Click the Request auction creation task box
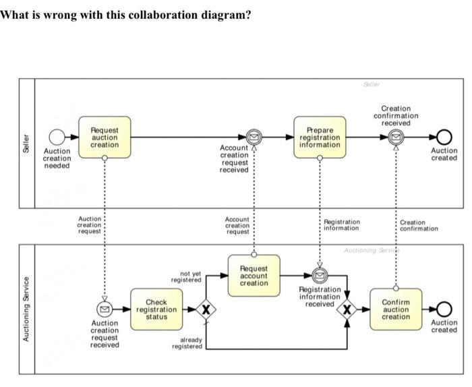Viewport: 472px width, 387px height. tap(105, 137)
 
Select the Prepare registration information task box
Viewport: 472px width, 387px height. tap(320, 137)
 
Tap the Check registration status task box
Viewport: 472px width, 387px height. tap(156, 309)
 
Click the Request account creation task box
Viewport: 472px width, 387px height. tap(254, 275)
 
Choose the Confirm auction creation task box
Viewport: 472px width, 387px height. tap(396, 309)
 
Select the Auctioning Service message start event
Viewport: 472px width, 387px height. tap(105, 309)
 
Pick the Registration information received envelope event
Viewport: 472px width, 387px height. tap(320, 276)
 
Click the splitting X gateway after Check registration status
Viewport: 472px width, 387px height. tap(206, 309)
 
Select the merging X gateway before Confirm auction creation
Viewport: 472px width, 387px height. tap(347, 309)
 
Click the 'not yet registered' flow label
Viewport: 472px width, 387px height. tap(186, 277)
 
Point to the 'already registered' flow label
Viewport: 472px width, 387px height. tap(187, 343)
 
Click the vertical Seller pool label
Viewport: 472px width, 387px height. tap(26, 143)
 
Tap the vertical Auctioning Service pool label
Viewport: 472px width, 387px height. tap(26, 308)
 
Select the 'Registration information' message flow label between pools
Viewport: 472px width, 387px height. tap(342, 225)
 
